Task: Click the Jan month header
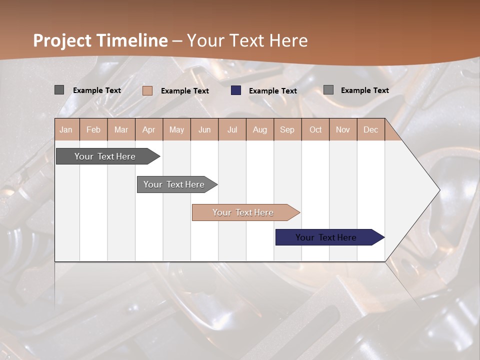66,129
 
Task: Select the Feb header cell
93,129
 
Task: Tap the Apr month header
148,129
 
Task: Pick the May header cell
176,129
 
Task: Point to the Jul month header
232,129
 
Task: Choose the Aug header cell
259,129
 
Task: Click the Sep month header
287,129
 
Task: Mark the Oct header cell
315,129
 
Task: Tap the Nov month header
343,129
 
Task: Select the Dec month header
370,129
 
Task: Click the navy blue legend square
236,90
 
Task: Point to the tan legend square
147,90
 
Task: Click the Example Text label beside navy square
272,91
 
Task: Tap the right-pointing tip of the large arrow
438,190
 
